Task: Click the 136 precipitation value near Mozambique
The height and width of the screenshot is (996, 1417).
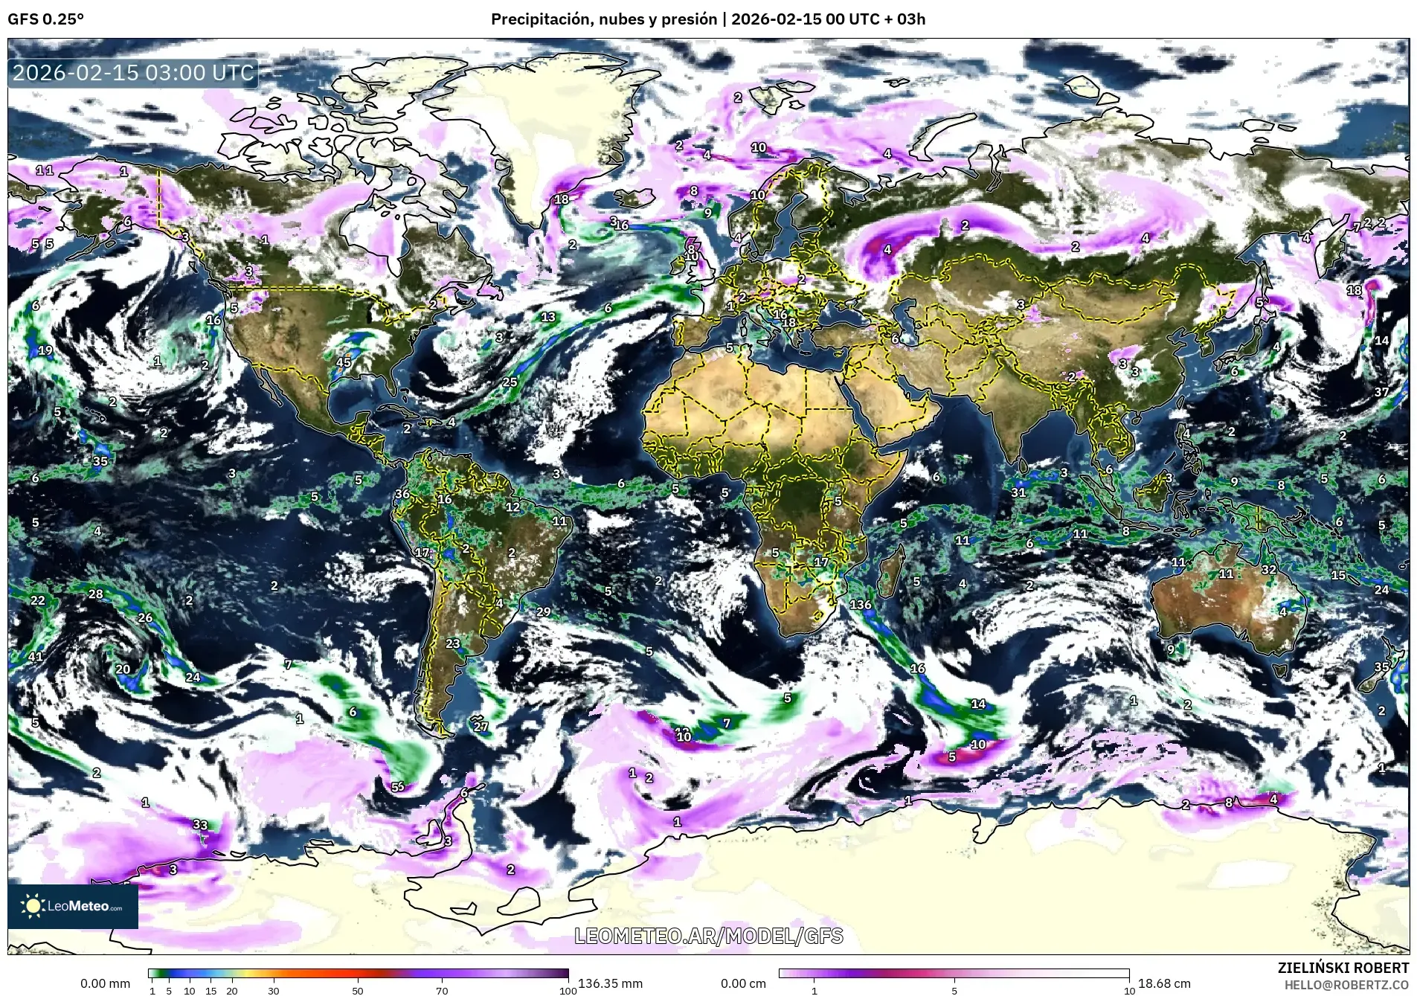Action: point(860,605)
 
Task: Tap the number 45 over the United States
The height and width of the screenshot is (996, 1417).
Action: point(343,363)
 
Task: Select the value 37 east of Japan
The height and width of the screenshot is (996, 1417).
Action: point(1381,392)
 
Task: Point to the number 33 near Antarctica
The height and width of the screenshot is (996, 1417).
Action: point(200,824)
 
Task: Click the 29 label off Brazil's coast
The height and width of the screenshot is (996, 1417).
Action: point(543,612)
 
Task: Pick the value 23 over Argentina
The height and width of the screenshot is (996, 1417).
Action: point(452,643)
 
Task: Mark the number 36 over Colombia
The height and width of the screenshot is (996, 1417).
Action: point(402,494)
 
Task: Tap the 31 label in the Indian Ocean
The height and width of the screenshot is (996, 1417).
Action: point(1018,492)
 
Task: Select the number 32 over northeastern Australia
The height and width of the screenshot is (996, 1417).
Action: point(1268,570)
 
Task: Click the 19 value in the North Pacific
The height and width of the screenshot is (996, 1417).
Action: point(45,351)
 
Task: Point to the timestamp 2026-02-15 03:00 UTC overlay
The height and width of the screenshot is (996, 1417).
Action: point(134,73)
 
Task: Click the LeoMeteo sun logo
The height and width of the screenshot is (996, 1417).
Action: point(33,905)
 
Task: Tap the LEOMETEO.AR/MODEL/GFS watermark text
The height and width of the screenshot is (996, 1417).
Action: point(708,936)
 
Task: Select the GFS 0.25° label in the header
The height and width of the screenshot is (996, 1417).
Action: point(45,19)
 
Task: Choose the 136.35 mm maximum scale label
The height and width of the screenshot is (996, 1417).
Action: point(610,983)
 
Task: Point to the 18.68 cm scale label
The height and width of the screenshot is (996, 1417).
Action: point(1164,983)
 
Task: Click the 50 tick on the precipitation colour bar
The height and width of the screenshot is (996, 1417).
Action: point(358,990)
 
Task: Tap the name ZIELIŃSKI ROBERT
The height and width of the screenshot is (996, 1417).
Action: point(1343,968)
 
